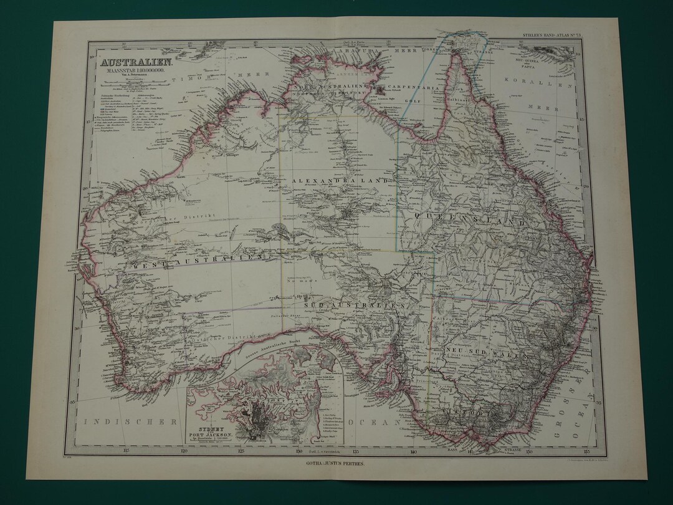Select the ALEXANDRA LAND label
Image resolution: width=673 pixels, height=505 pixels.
coord(343,180)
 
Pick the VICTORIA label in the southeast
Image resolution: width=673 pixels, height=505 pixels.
coord(462,412)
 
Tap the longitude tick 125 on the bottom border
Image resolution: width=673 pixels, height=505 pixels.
coord(241,450)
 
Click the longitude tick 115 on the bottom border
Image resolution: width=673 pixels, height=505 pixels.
coord(126,450)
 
